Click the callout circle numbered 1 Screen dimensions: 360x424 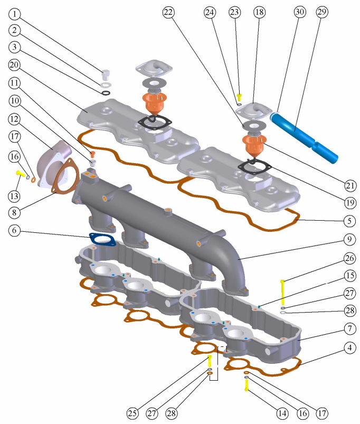15,14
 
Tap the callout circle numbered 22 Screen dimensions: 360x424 168,12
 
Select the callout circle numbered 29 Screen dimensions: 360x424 322,12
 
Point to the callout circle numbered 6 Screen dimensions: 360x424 14,230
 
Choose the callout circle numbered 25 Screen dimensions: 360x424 132,413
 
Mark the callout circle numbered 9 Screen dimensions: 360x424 349,239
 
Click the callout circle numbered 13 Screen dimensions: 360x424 14,196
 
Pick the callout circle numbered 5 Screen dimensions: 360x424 349,221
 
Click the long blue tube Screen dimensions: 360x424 304,137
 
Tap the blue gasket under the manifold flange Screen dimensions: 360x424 102,239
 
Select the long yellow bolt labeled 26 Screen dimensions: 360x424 283,292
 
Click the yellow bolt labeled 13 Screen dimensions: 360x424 21,173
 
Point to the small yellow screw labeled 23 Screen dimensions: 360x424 239,97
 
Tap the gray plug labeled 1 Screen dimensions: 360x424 106,75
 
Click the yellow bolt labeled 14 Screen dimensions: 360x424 247,385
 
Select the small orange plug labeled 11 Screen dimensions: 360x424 93,155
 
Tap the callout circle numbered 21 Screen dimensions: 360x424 350,185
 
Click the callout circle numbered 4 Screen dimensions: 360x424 350,347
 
